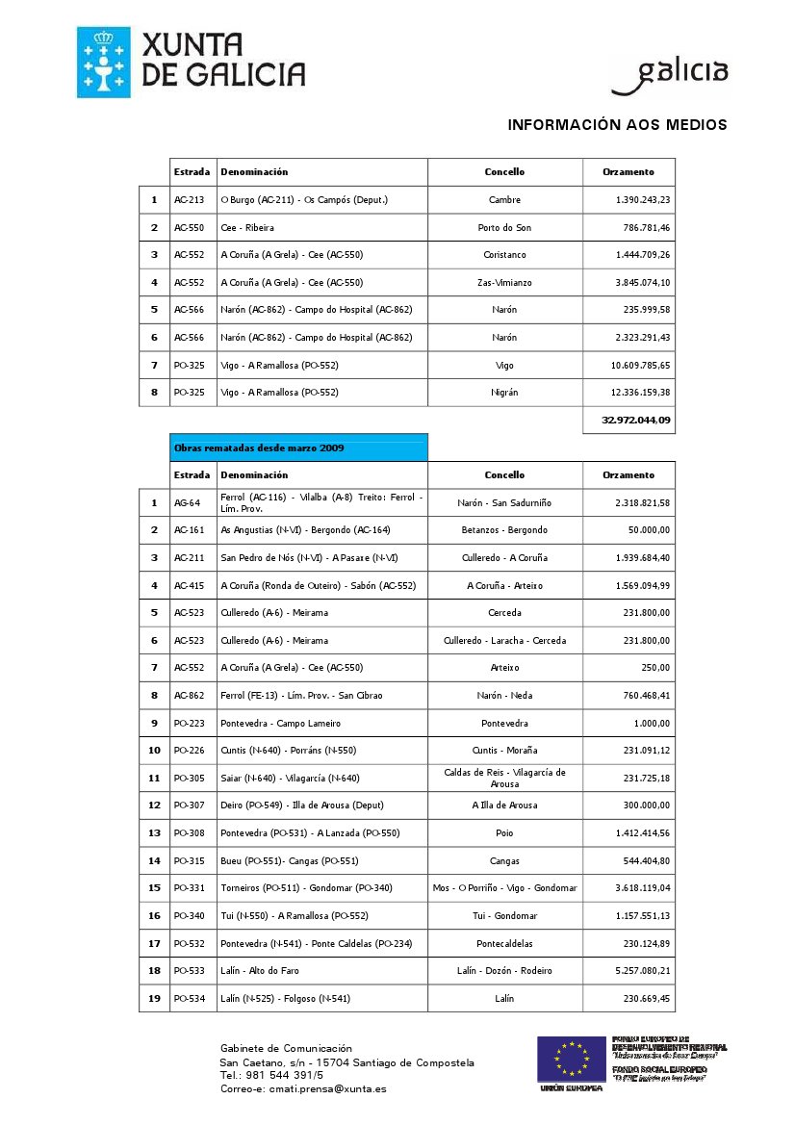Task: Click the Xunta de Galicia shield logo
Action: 103,63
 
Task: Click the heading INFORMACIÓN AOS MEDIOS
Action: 617,125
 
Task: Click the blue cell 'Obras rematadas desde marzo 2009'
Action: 298,447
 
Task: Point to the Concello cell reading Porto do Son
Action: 504,228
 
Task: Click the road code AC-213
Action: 189,200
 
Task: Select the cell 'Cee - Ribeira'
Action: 247,228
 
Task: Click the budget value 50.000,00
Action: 651,530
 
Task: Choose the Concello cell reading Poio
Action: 504,833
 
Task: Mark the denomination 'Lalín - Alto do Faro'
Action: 260,971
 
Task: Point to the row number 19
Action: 154,999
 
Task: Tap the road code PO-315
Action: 189,861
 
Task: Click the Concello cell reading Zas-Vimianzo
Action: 504,283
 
